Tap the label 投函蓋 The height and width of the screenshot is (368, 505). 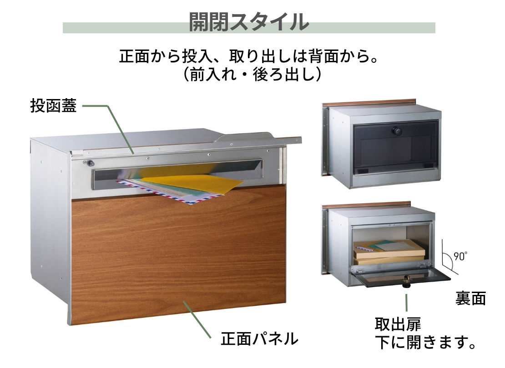coord(54,105)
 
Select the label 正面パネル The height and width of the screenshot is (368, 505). coord(259,338)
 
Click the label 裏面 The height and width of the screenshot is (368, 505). coord(470,298)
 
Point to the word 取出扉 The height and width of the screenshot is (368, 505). coord(398,324)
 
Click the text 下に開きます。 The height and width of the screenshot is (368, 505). coord(425,342)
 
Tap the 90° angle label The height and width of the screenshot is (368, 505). coord(460,256)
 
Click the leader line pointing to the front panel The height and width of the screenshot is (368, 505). coord(197,320)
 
